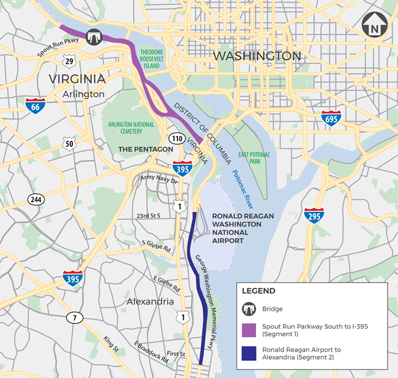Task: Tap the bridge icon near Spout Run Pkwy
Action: pyautogui.click(x=94, y=36)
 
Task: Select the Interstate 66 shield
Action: pyautogui.click(x=35, y=106)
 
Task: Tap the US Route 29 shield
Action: pyautogui.click(x=69, y=60)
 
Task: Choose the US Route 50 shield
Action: pyautogui.click(x=69, y=145)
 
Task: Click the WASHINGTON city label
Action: pyautogui.click(x=257, y=56)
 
